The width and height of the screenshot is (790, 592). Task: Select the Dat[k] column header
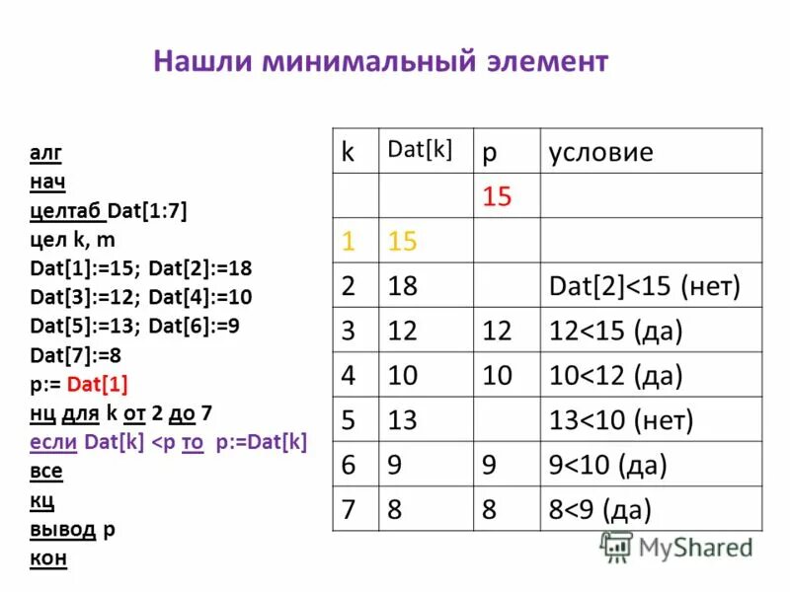tap(420, 149)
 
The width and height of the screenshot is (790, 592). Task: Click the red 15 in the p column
tap(497, 196)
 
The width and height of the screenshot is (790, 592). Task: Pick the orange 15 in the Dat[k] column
tap(403, 241)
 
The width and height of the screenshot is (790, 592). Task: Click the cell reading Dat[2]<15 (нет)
tap(644, 286)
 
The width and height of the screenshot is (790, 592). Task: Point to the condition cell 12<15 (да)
tap(616, 331)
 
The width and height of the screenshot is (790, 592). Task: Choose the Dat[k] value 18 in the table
tap(403, 286)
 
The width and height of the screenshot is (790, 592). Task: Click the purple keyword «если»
tap(54, 442)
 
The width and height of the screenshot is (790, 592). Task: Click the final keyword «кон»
tap(47, 558)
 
